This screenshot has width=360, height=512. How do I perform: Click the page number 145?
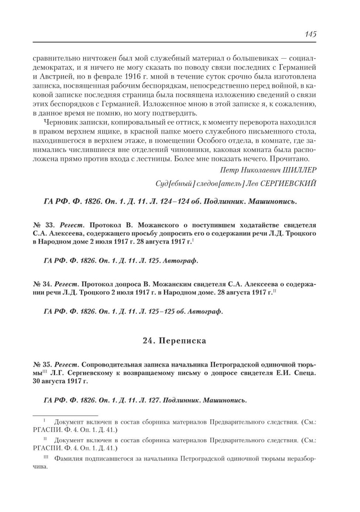click(x=310, y=34)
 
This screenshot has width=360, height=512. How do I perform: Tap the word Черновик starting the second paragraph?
click(x=59, y=122)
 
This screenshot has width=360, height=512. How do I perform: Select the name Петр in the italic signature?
click(x=228, y=170)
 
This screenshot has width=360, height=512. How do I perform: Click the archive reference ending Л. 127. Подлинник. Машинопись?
click(x=145, y=400)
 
